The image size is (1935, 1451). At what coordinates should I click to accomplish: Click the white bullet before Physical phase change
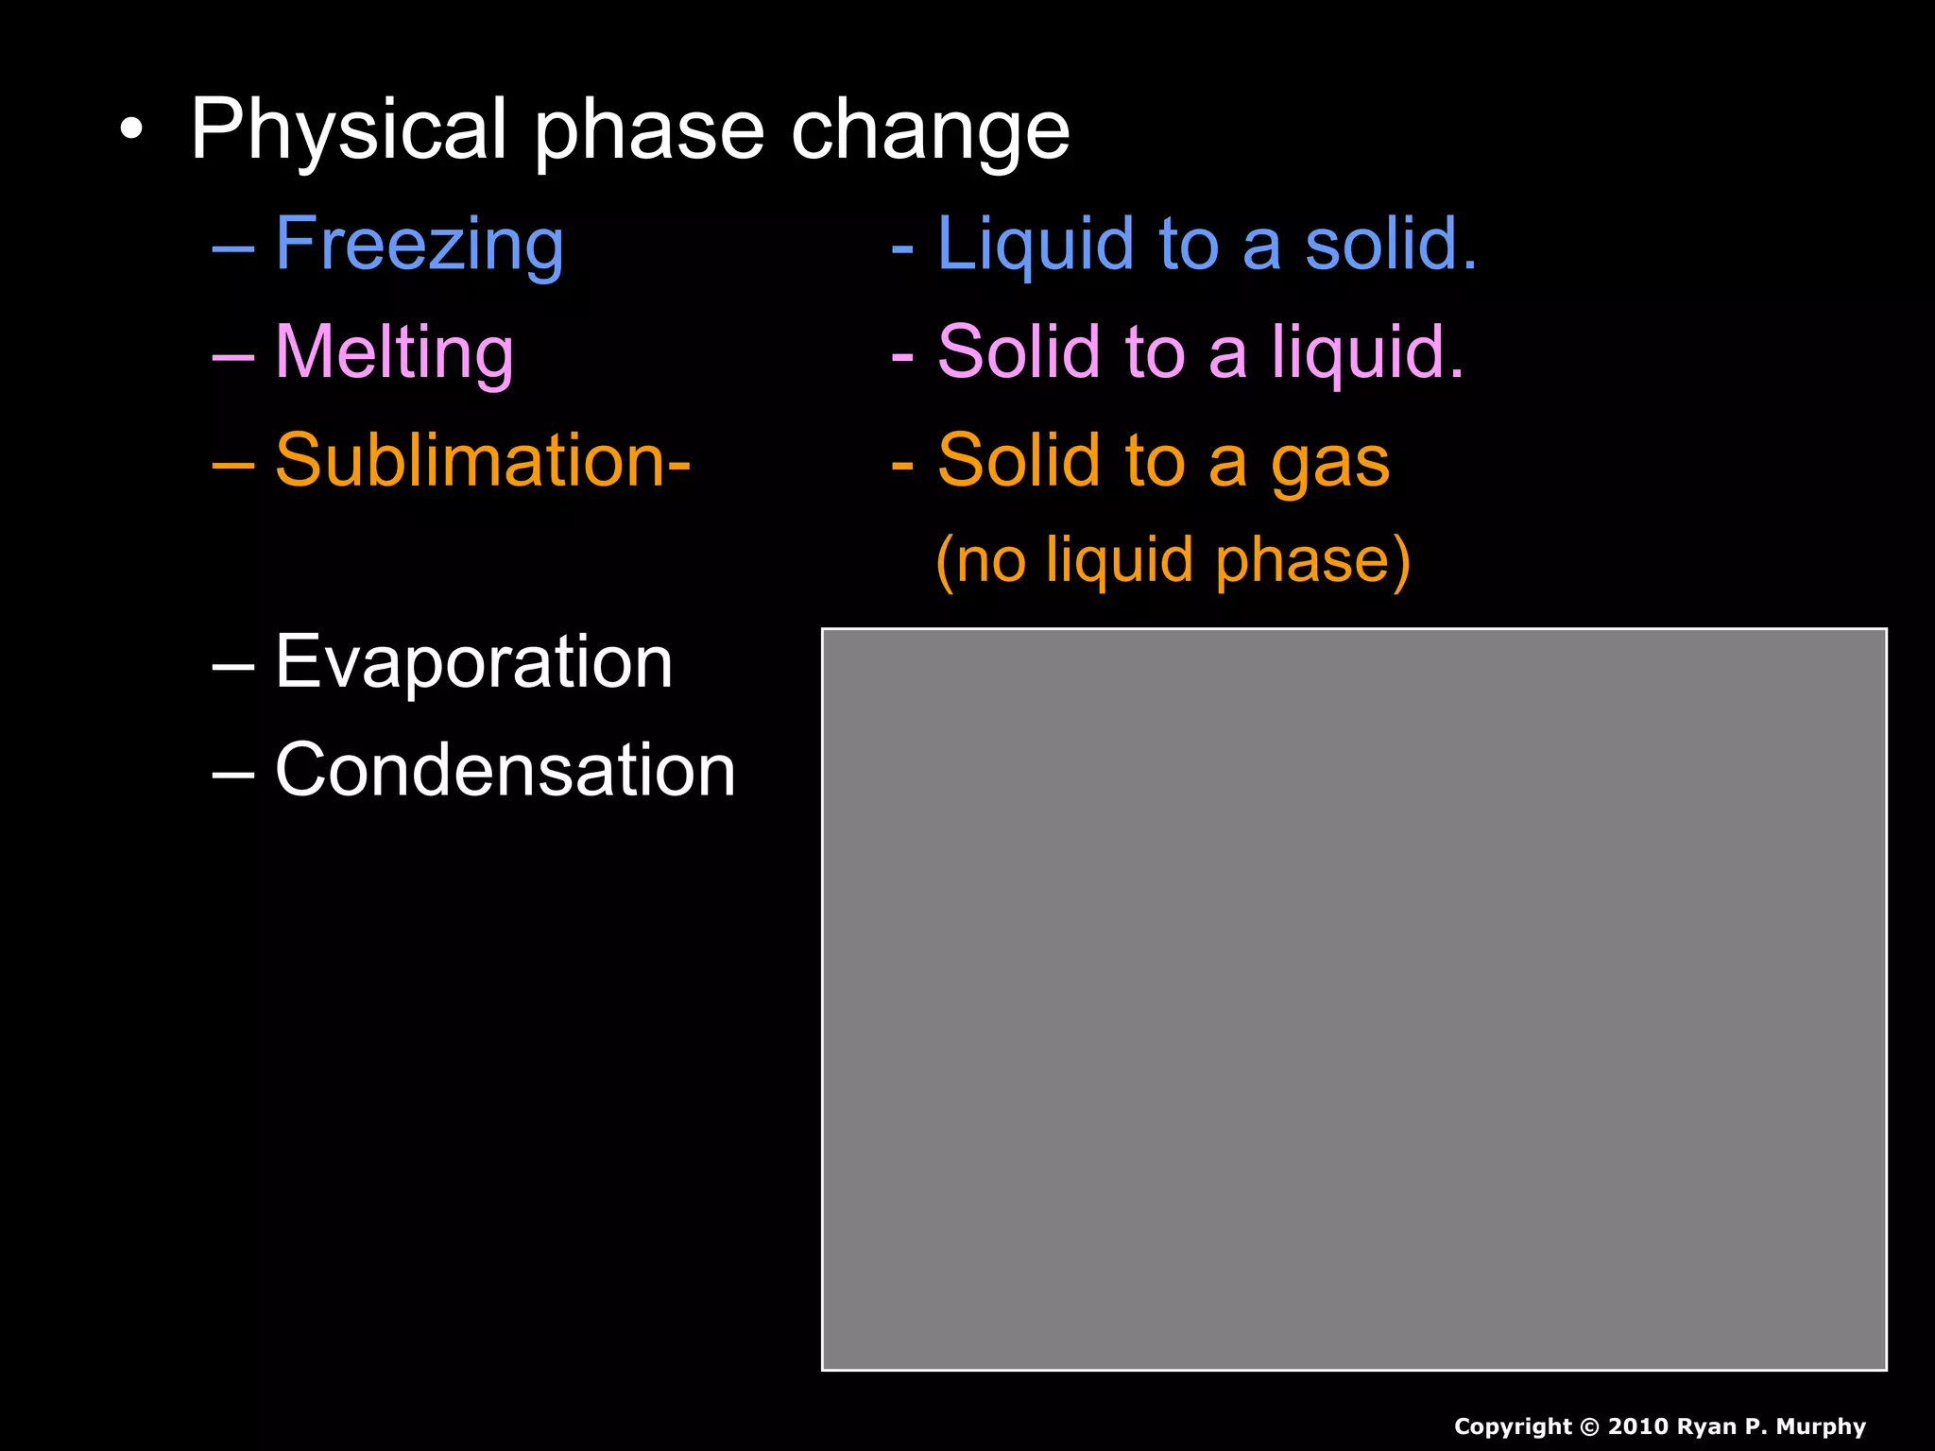coord(132,130)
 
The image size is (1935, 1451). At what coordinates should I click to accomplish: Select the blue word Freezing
coord(420,245)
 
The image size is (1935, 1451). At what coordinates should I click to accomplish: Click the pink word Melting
coord(394,352)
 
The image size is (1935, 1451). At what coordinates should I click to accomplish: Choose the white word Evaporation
coord(473,661)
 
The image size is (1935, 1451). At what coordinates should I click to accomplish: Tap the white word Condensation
coord(505,770)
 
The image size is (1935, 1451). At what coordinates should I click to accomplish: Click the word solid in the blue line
coord(1390,245)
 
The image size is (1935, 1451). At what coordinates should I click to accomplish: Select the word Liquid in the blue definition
coord(1036,245)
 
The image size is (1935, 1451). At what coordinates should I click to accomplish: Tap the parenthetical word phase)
coord(1312,561)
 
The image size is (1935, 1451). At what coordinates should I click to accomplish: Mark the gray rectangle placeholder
coord(1354,999)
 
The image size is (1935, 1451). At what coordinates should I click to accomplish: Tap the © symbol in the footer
coord(1588,1426)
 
